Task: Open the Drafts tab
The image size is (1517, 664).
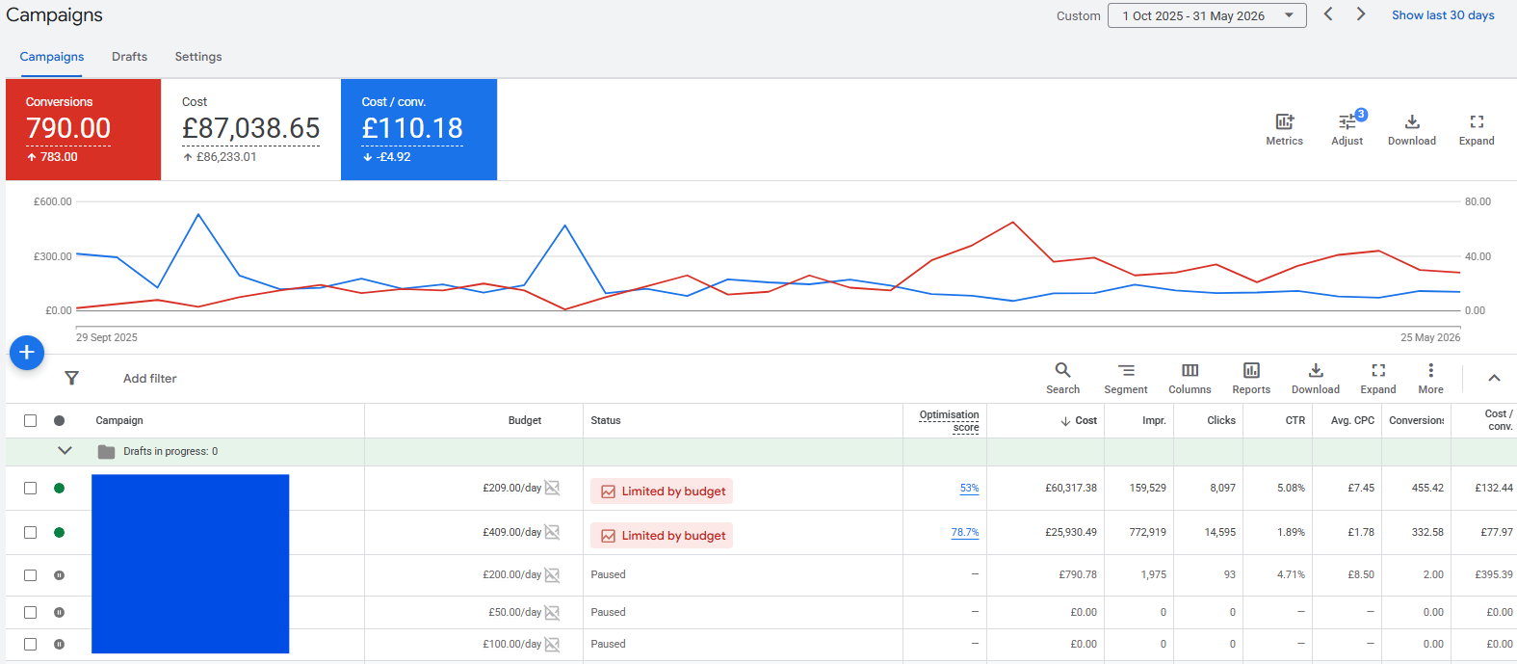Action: click(129, 57)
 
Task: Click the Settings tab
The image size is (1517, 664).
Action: click(198, 57)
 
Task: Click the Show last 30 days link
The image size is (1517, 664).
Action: click(1443, 15)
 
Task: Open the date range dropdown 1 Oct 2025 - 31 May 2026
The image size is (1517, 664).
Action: click(1207, 15)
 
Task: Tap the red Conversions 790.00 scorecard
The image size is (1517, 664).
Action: click(83, 129)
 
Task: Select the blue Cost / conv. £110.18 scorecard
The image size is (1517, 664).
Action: click(419, 129)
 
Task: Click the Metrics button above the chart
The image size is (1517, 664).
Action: click(1284, 130)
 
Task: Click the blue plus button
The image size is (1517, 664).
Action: click(27, 353)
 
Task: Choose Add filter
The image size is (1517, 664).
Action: click(149, 379)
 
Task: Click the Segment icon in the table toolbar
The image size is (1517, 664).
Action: click(1126, 379)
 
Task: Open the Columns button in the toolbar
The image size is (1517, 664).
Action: click(1190, 379)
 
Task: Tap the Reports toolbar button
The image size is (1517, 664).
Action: click(1251, 379)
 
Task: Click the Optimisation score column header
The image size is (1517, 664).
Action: click(949, 421)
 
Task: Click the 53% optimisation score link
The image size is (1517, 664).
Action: click(969, 488)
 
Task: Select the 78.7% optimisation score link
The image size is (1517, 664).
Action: click(965, 533)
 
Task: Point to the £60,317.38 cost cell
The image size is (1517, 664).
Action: click(1071, 488)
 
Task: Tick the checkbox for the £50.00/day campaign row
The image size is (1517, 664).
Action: click(31, 613)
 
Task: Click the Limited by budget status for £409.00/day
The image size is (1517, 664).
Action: click(662, 535)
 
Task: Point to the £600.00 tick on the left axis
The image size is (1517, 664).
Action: click(53, 202)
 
